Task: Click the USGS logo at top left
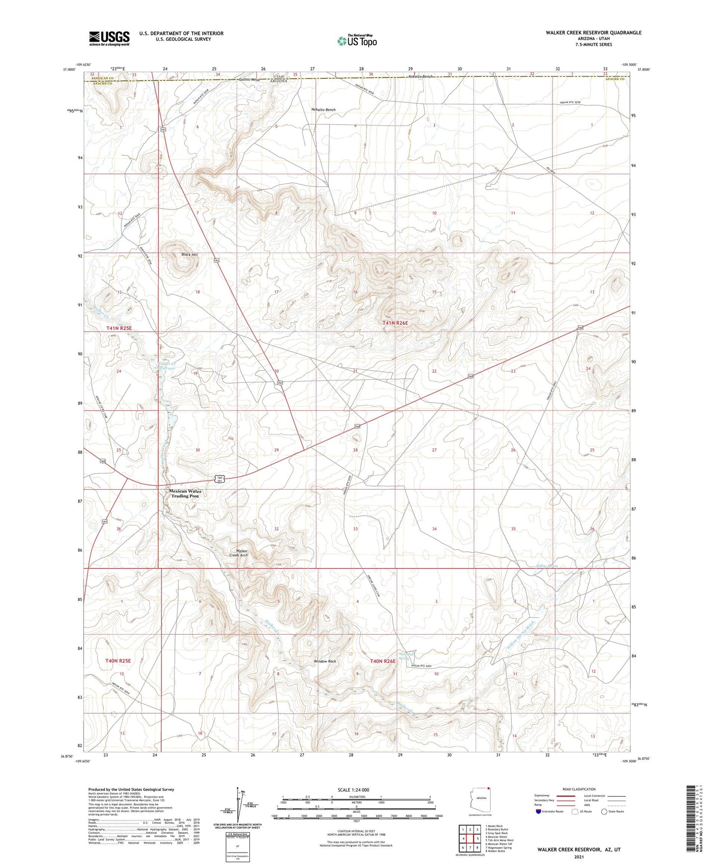(x=109, y=38)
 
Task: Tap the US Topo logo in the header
(x=356, y=41)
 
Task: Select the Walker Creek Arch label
(x=241, y=553)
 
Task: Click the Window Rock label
(x=325, y=661)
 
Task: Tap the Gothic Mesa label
(x=249, y=79)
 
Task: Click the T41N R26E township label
(x=395, y=323)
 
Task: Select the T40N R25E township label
(x=118, y=661)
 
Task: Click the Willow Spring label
(x=547, y=566)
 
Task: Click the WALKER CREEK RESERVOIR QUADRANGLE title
(x=593, y=33)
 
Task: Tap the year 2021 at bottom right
(x=579, y=857)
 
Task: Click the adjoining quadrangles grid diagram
(x=470, y=839)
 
